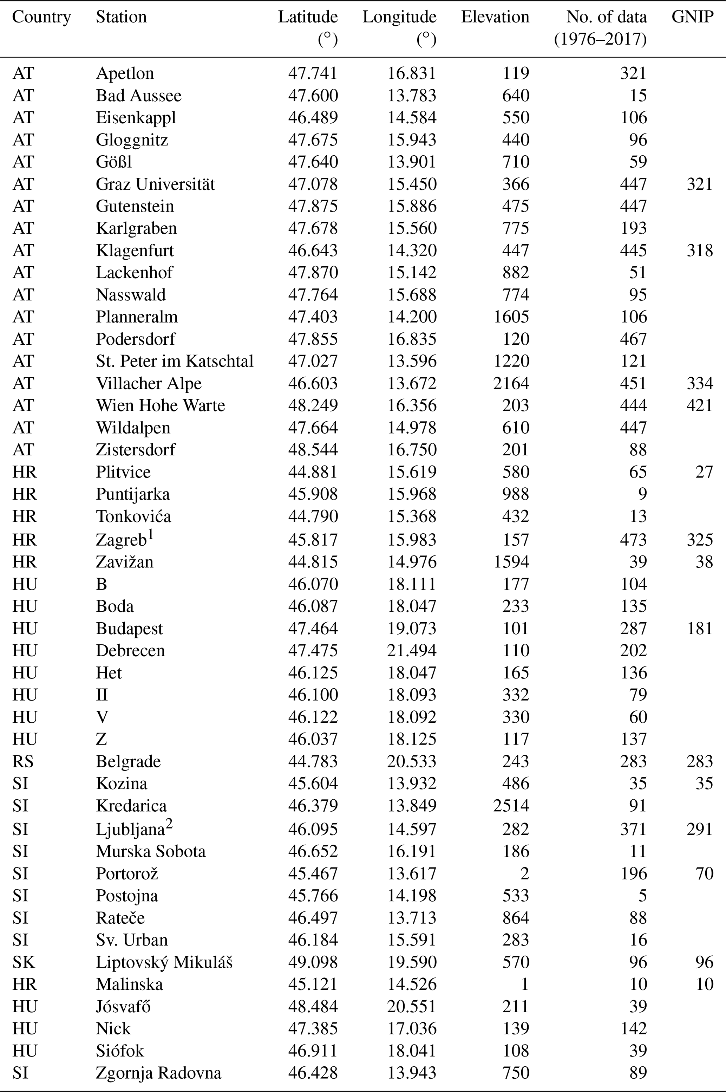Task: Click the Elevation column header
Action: point(495,17)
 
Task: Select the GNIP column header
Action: point(692,17)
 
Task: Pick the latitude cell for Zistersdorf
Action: point(313,450)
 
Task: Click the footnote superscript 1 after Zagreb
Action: point(150,535)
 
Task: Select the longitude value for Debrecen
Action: point(411,650)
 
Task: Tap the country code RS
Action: point(23,761)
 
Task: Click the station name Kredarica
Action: point(131,805)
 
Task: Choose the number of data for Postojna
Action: point(642,896)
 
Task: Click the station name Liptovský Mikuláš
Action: point(164,962)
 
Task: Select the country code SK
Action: point(23,962)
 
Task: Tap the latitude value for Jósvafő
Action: point(313,1006)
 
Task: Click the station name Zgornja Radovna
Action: point(158,1073)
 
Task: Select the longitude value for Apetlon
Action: point(411,73)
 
